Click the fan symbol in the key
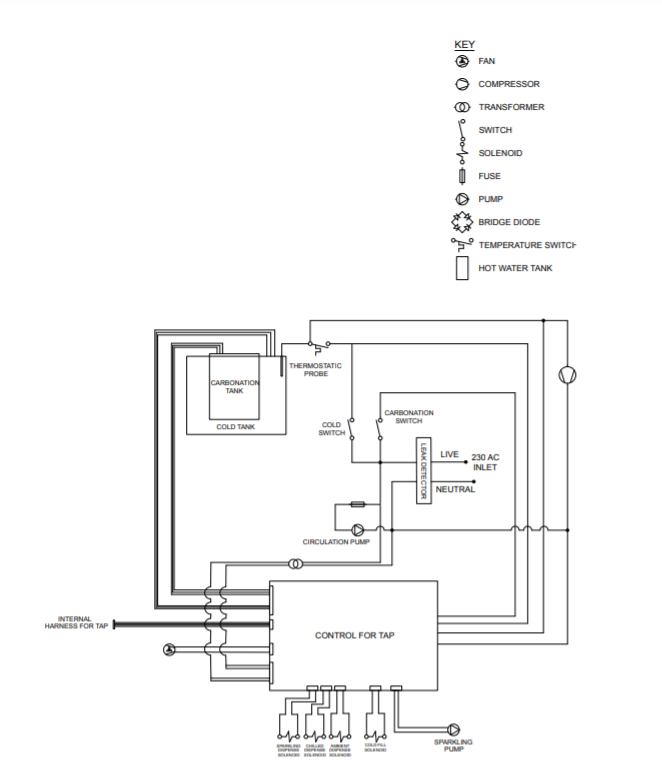462,61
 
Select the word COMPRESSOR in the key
508,84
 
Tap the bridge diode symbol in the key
462,222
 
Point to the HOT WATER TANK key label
514,268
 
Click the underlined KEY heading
464,45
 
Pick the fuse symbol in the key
462,176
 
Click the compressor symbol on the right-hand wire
567,374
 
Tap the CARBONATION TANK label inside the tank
234,387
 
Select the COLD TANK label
237,426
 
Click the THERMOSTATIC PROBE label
315,369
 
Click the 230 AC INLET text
485,461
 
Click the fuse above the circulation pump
357,505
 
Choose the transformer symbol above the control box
293,565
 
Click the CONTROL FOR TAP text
354,635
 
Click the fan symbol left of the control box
168,650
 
